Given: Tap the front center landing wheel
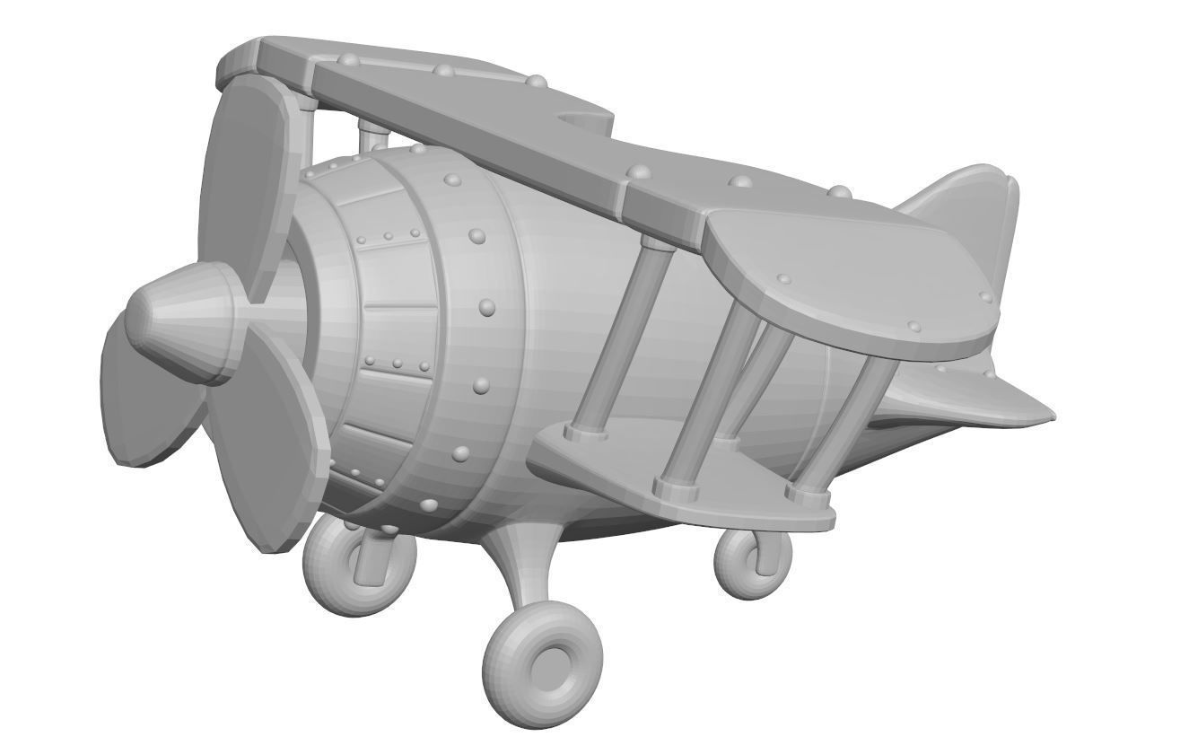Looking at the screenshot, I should [x=543, y=664].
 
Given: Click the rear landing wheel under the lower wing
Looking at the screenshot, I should [x=752, y=562].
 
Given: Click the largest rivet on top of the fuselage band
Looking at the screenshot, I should [x=477, y=236].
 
